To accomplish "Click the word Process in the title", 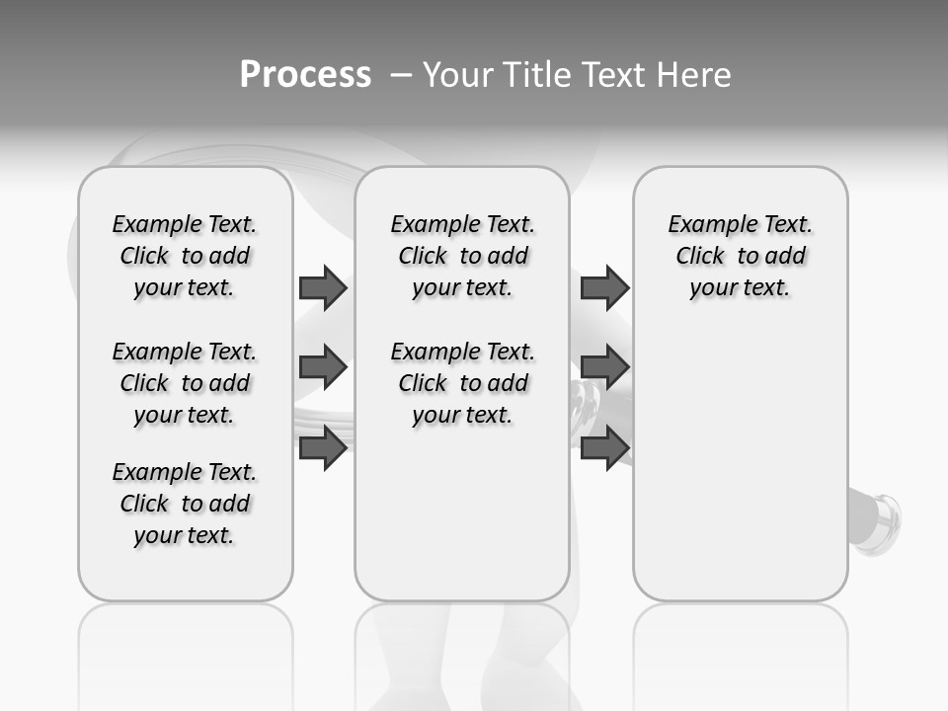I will (305, 75).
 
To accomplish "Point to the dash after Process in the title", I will (401, 76).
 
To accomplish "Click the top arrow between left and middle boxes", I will (323, 287).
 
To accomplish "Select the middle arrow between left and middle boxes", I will (323, 367).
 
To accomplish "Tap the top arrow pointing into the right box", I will (604, 287).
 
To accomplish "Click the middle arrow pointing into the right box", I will (604, 367).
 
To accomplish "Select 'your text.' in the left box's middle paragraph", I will (184, 415).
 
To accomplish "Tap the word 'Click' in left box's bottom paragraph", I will (144, 504).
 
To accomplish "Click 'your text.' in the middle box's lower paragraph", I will (462, 415).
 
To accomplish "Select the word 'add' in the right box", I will (786, 256).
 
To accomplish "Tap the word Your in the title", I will (457, 75).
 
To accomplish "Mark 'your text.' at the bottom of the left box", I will (184, 535).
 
